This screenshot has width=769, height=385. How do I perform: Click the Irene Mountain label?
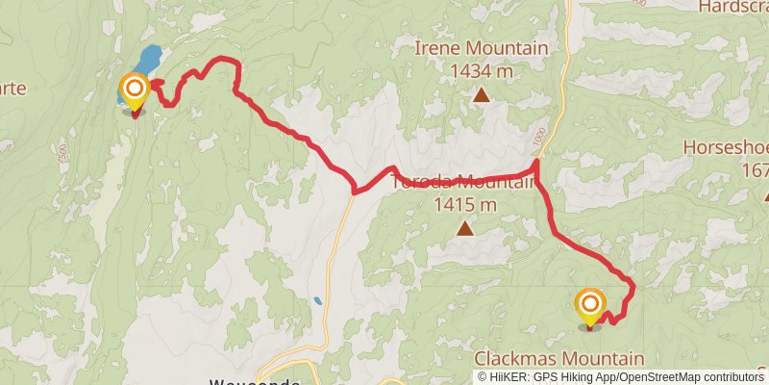tap(481, 48)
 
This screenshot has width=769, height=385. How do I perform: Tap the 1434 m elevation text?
tap(481, 69)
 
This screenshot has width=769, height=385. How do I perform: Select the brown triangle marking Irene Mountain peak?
tap(481, 94)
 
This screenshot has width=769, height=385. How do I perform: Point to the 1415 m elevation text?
tap(465, 204)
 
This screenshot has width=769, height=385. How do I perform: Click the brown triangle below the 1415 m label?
tap(465, 229)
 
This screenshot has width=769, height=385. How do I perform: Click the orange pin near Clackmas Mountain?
tap(589, 307)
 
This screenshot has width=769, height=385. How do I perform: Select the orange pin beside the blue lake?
tap(134, 91)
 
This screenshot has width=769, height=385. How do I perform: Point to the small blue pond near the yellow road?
tap(317, 301)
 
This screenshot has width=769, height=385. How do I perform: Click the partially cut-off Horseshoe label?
tap(726, 148)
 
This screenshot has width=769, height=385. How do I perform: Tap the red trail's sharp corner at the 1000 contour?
tap(535, 164)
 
